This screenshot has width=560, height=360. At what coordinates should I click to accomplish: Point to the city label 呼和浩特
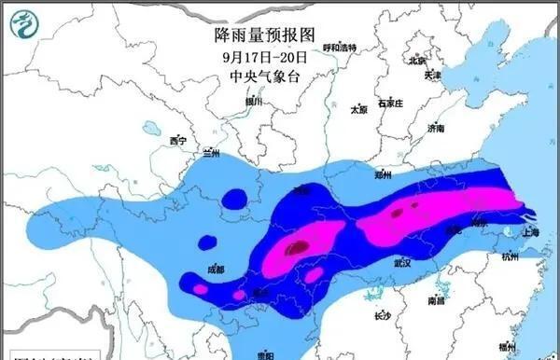click(x=340, y=47)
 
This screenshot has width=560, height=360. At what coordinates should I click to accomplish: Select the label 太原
click(x=358, y=109)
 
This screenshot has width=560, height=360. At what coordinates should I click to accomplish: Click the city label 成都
click(x=216, y=269)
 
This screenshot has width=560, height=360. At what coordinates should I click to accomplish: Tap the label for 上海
click(x=532, y=232)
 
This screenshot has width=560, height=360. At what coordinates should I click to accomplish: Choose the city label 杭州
click(x=510, y=257)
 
